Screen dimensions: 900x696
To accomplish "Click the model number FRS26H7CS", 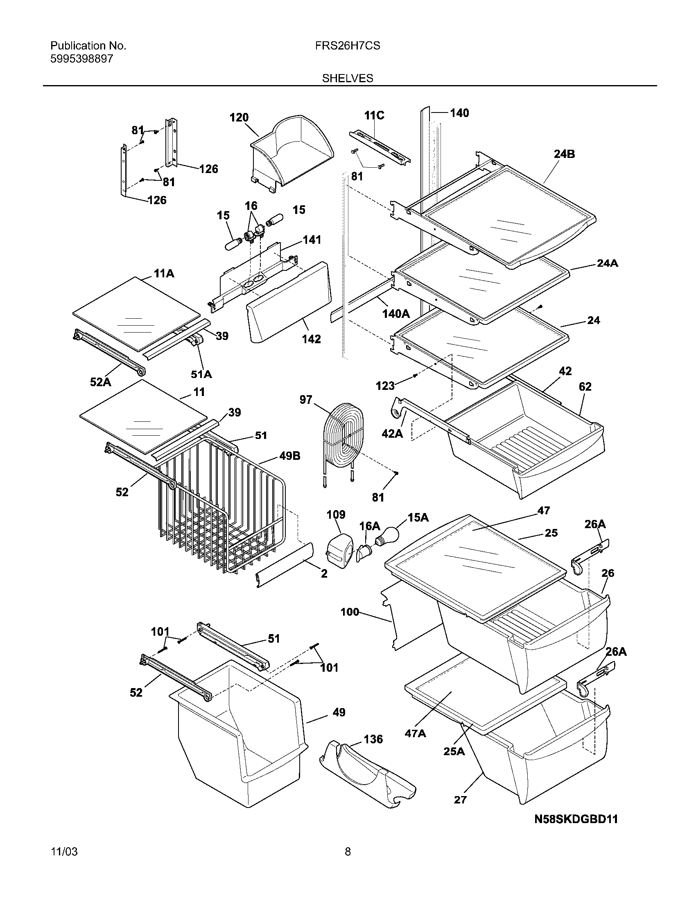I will pyautogui.click(x=347, y=46).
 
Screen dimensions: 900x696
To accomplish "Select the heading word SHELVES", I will pyautogui.click(x=347, y=78).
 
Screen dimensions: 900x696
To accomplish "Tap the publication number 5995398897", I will pyautogui.click(x=81, y=59).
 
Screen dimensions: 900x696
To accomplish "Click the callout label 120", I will pyautogui.click(x=239, y=117).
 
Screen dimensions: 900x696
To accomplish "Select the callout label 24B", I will pyautogui.click(x=564, y=154).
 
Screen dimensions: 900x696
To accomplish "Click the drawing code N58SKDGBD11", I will pyautogui.click(x=576, y=819).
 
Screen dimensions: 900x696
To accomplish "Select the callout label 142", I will pyautogui.click(x=311, y=339).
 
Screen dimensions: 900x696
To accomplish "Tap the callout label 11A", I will pyautogui.click(x=164, y=273).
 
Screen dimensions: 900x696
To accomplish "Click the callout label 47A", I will pyautogui.click(x=416, y=733).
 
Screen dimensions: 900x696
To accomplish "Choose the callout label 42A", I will pyautogui.click(x=393, y=434).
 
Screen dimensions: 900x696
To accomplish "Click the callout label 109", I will pyautogui.click(x=336, y=515).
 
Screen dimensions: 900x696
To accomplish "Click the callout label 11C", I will pyautogui.click(x=374, y=115).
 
